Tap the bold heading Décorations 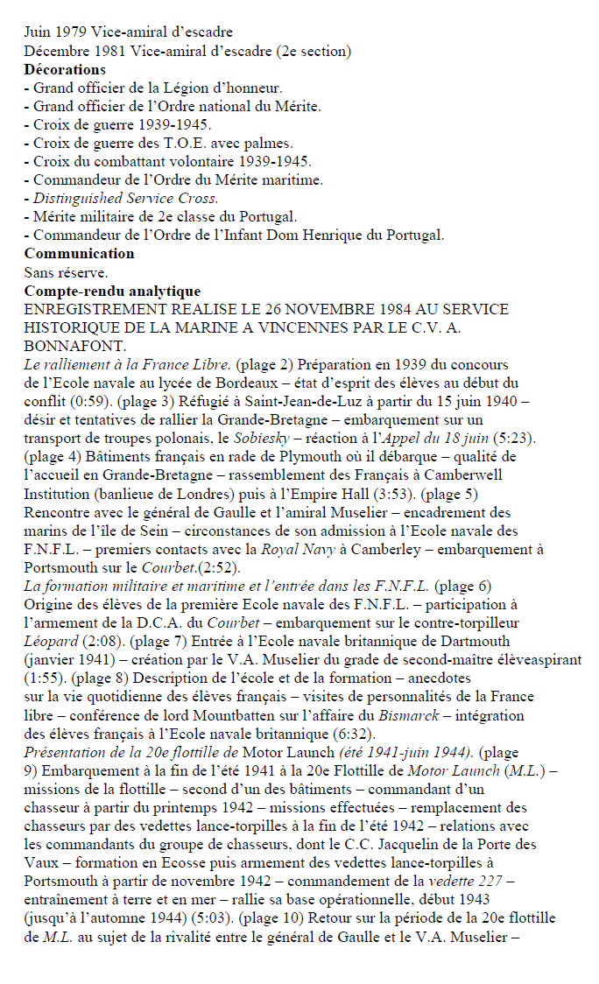pyautogui.click(x=65, y=68)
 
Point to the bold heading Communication pyautogui.click(x=79, y=253)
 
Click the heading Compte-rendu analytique pyautogui.click(x=112, y=291)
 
